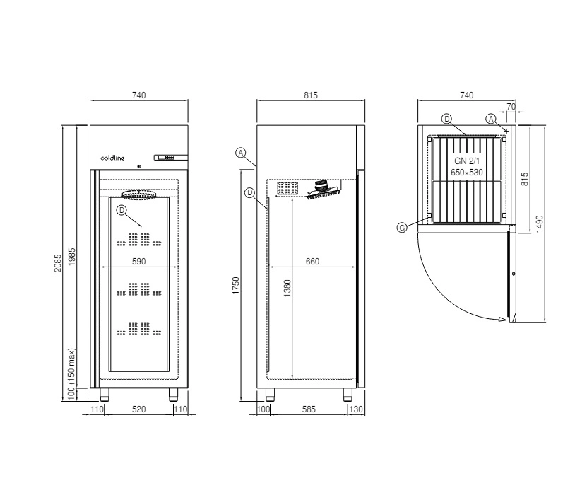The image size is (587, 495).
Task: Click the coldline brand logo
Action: (x=113, y=158)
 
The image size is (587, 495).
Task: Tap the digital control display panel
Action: (x=170, y=158)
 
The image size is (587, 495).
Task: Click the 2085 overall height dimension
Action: (x=57, y=263)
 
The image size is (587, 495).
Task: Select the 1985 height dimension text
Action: (x=72, y=256)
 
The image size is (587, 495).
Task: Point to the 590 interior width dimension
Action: (x=139, y=261)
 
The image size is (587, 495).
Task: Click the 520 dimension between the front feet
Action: (x=139, y=409)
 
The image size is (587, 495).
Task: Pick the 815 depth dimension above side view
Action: (x=311, y=95)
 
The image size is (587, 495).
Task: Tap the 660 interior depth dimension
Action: (x=313, y=261)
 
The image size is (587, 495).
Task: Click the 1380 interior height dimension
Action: (x=287, y=288)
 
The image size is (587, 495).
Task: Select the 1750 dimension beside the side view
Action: (x=235, y=285)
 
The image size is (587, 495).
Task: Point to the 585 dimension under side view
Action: (x=309, y=409)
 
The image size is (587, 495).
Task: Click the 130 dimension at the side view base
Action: (x=355, y=409)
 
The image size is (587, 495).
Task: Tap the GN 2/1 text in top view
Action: (x=467, y=161)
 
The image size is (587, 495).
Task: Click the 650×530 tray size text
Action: (x=467, y=173)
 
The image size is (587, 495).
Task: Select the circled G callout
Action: (x=402, y=228)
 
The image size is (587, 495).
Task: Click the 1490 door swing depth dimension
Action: (x=540, y=223)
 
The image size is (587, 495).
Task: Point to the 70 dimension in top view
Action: (x=511, y=106)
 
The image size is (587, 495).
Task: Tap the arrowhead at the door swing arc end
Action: (x=502, y=320)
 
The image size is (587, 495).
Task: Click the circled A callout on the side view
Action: (x=241, y=153)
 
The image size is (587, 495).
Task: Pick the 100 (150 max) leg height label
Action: (x=71, y=374)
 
